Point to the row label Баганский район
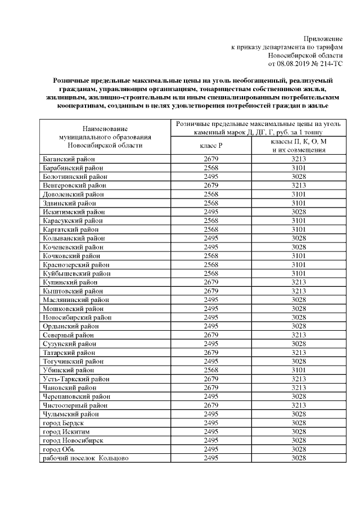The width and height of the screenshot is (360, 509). coord(71,159)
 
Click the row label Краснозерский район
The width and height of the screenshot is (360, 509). coord(76,264)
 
